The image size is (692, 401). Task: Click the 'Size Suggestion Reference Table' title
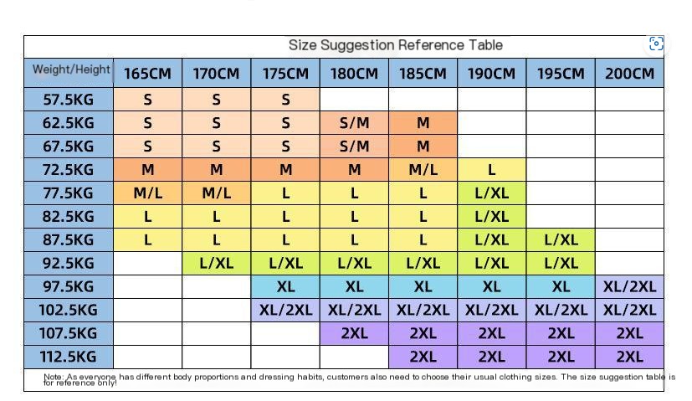(396, 45)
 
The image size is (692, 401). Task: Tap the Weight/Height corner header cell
(69, 73)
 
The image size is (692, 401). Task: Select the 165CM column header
(147, 73)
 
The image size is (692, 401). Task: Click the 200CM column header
(629, 73)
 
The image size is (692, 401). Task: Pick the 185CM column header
(423, 73)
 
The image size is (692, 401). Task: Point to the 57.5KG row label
(69, 100)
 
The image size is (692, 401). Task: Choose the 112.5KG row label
(69, 357)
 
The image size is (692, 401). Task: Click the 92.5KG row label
(69, 263)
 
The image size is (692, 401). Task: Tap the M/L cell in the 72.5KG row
(423, 170)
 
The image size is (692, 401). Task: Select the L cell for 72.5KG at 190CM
(492, 170)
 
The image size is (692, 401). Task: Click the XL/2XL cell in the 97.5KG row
(629, 286)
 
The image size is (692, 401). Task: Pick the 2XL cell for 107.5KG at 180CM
(355, 333)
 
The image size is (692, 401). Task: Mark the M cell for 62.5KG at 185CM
(423, 123)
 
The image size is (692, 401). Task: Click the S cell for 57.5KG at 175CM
(285, 100)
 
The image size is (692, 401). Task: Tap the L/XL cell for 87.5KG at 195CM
(561, 239)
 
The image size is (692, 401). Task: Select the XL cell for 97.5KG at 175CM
(285, 286)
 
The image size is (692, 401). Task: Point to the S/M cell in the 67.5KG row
(355, 147)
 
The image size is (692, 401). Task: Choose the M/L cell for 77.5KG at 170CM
(216, 193)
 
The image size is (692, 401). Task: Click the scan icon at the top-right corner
(656, 44)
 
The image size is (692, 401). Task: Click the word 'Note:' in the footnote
(54, 377)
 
